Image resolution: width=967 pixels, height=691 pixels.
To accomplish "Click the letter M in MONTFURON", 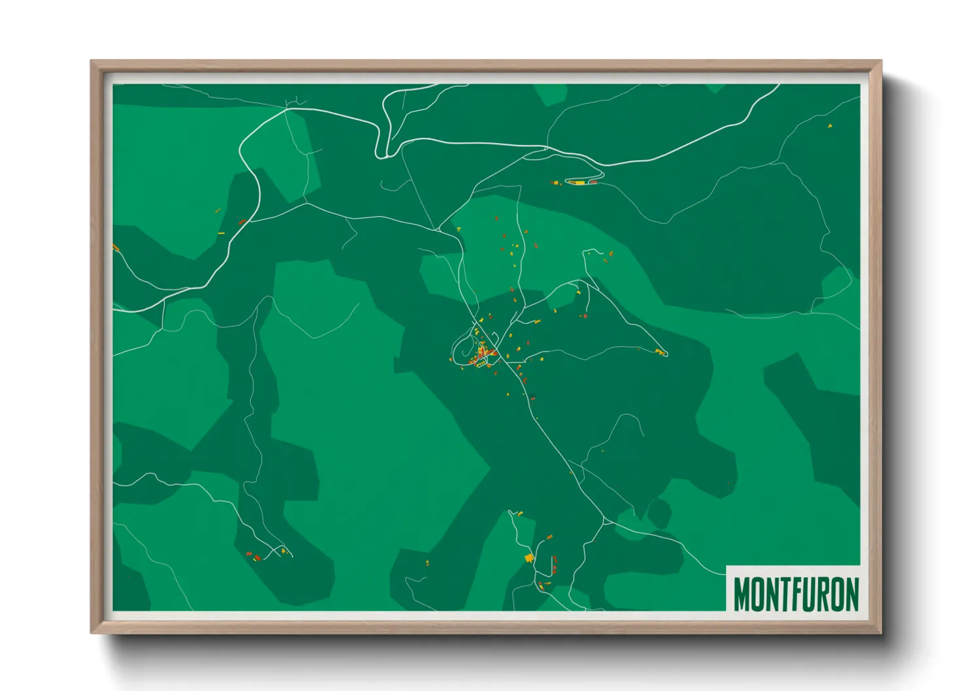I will click(x=742, y=594).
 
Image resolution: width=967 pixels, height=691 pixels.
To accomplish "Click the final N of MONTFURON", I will click(x=852, y=594).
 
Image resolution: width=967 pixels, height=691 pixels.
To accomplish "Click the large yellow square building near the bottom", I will click(x=529, y=558).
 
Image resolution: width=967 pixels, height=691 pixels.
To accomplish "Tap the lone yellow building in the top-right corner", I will click(x=830, y=125).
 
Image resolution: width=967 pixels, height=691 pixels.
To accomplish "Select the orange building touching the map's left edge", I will click(x=116, y=248).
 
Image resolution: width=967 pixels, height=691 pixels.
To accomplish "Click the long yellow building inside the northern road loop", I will click(x=578, y=183).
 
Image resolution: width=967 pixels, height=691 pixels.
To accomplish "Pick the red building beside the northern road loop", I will click(x=593, y=182).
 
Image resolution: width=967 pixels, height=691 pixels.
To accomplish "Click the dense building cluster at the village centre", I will click(x=484, y=354).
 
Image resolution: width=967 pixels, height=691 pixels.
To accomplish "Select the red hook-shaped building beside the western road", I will click(x=242, y=222).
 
